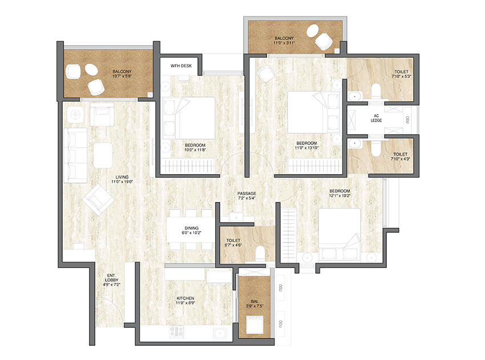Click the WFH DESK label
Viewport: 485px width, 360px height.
pyautogui.click(x=181, y=66)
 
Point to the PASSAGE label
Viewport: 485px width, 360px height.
pyautogui.click(x=246, y=194)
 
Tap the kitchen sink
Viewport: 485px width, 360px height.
pyautogui.click(x=219, y=333)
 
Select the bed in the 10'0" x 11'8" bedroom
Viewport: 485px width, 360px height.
pyautogui.click(x=188, y=118)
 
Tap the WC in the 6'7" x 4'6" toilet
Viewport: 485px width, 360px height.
pyautogui.click(x=258, y=253)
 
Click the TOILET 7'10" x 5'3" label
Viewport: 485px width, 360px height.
pyautogui.click(x=401, y=74)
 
